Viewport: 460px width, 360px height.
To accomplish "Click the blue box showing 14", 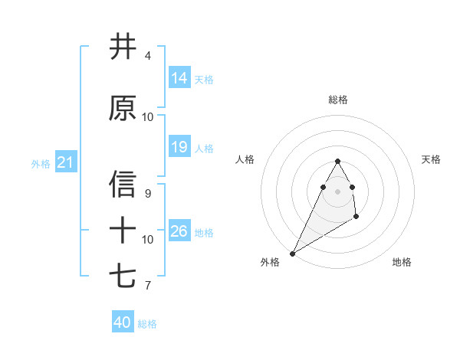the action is [179, 77].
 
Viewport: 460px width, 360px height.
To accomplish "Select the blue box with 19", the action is [179, 147].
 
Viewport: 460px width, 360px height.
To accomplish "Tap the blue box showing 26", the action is [179, 231].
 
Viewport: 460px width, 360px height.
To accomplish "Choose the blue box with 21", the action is [65, 163].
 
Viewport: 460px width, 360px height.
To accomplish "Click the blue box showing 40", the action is [123, 322].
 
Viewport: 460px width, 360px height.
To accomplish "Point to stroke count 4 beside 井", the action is [148, 56].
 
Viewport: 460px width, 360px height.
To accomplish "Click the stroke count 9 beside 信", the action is [148, 193].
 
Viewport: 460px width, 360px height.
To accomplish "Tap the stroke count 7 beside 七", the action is [148, 286].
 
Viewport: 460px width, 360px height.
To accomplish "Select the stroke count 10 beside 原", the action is [148, 117].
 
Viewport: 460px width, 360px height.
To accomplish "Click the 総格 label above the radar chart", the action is [338, 100].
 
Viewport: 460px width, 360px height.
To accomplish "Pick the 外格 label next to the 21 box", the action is [41, 164].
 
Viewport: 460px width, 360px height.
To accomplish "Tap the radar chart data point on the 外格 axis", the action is [292, 254].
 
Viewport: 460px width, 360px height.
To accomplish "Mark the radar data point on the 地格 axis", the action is [356, 218].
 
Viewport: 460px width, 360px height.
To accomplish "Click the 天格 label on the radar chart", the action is [431, 159].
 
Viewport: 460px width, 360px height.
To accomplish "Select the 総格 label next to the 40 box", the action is [147, 324].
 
